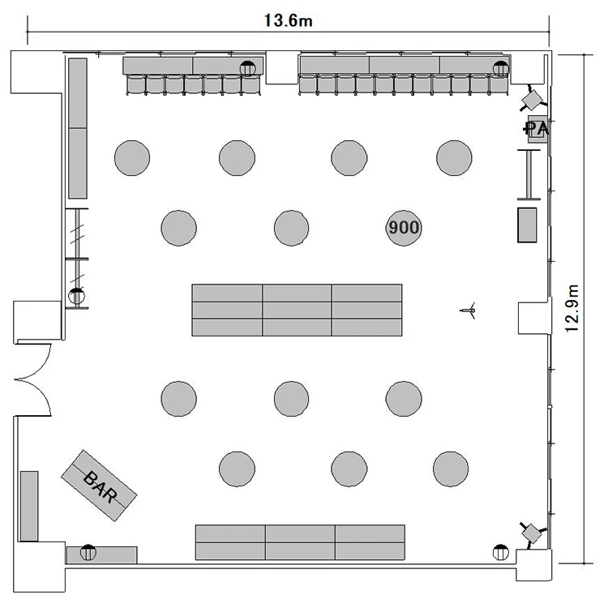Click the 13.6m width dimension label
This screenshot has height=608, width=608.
[288, 20]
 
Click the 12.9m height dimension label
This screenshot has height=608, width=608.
[572, 309]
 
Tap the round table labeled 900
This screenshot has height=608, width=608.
[404, 228]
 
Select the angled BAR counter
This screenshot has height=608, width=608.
[99, 486]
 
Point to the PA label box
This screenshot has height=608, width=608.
[537, 129]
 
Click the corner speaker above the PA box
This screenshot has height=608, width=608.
[533, 101]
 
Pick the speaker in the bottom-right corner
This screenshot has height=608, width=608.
[533, 534]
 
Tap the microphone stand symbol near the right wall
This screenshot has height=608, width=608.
[469, 310]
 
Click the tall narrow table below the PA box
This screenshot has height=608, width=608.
[529, 175]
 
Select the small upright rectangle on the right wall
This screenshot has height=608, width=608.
[528, 225]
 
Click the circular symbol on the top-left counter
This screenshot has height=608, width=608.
[248, 69]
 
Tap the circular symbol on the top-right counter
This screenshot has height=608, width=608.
[501, 69]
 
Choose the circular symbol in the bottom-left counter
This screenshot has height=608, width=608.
[88, 553]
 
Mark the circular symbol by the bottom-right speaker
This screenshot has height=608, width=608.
[501, 553]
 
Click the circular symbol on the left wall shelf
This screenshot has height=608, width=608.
[76, 296]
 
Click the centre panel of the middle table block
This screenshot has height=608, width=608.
[297, 310]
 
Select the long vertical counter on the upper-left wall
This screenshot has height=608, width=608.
[78, 128]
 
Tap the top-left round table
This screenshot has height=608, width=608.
[132, 158]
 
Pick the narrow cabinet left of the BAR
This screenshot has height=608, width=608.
[29, 506]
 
